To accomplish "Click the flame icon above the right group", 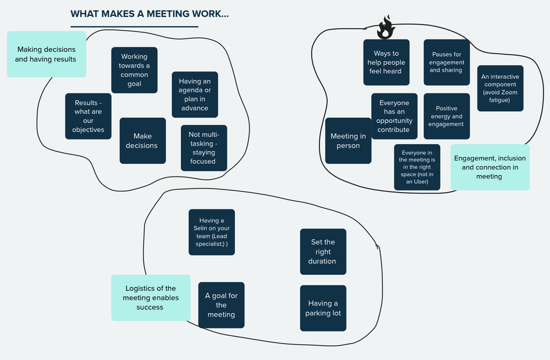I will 386,27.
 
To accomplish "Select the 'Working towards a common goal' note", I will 134,70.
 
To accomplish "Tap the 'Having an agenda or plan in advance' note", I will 195,95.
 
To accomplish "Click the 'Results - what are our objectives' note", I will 88,116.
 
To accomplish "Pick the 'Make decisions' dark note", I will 142,141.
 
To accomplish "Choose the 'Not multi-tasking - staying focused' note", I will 204,148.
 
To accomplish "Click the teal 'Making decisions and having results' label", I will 46,54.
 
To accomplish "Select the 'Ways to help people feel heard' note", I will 386,62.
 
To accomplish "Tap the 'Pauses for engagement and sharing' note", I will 447,62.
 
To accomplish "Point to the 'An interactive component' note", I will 500,88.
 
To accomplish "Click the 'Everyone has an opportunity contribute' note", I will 394,116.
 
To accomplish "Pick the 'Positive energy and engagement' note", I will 447,116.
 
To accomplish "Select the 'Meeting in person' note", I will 348,141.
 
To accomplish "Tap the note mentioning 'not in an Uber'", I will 417,167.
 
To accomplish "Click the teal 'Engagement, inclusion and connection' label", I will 490,167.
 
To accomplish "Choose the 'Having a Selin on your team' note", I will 212,232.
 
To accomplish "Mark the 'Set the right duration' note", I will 323,252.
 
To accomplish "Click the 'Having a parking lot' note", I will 323,308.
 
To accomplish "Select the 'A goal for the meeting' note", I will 221,305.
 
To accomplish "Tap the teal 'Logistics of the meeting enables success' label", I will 151,297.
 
